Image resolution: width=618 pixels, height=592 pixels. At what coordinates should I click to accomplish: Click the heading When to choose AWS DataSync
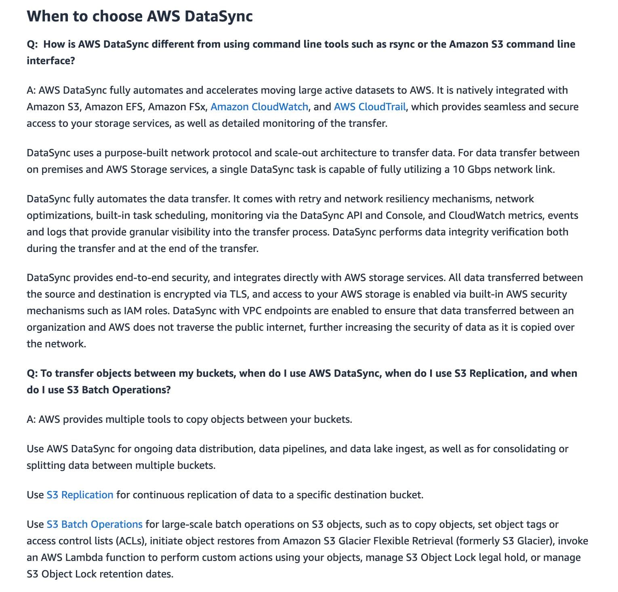(139, 17)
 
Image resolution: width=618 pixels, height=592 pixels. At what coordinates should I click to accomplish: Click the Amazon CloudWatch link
(259, 107)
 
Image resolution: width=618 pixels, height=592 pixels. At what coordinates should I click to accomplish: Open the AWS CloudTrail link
(370, 107)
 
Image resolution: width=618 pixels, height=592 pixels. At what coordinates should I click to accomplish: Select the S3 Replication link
(80, 495)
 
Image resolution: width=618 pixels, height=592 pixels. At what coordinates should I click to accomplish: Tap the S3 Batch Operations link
(94, 524)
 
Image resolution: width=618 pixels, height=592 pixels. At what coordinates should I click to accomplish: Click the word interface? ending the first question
(51, 61)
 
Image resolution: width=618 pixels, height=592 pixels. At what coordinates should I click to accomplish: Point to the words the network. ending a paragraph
(56, 344)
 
